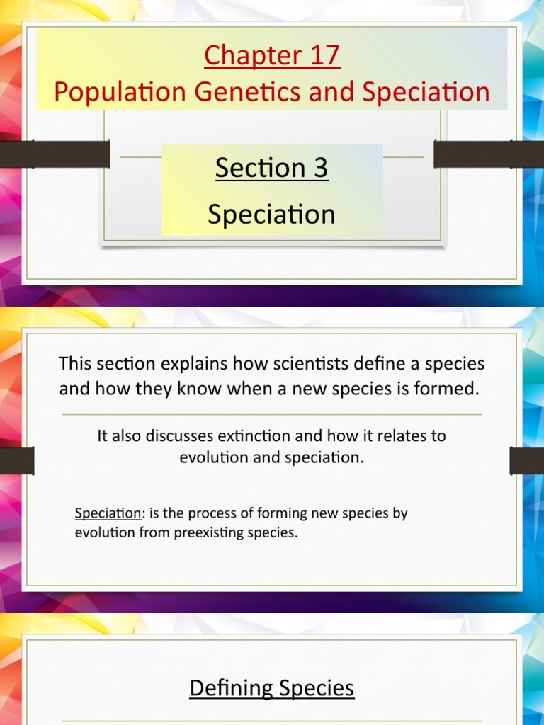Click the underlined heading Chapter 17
(x=272, y=56)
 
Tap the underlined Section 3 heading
(x=272, y=168)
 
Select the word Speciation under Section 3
(x=272, y=214)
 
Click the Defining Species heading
(x=272, y=688)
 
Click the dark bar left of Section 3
(x=55, y=154)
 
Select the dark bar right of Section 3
(x=488, y=154)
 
